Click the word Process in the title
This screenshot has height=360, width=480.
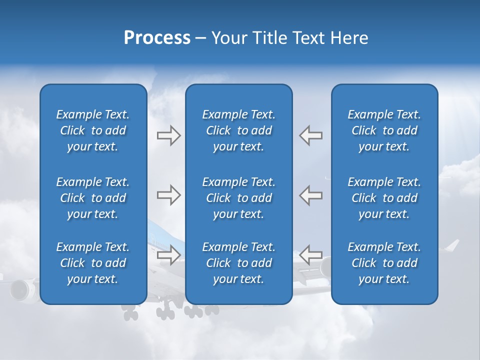157,38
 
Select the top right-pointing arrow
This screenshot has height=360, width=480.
168,135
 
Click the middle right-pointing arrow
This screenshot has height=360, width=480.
168,195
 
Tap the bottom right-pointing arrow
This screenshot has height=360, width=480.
168,255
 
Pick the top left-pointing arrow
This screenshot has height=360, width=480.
310,135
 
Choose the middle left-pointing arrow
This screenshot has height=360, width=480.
310,195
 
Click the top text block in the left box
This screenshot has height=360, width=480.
93,130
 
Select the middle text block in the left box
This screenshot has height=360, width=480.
93,198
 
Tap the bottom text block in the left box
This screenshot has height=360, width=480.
93,263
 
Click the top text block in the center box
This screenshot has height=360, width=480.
238,130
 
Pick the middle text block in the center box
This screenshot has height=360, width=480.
238,198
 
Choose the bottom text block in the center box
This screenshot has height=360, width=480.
238,263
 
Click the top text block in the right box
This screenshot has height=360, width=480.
384,130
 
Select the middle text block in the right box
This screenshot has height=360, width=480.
384,198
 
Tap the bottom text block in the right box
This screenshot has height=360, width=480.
384,263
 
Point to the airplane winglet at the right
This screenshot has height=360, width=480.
452,245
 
